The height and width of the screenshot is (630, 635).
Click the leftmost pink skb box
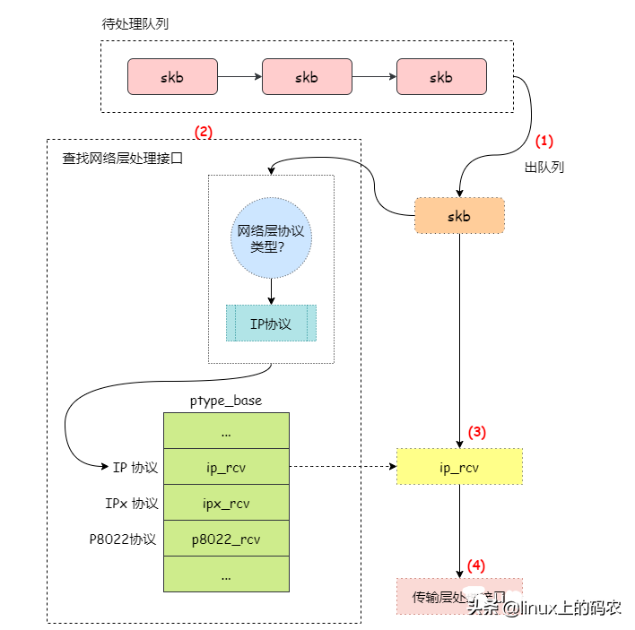pos(172,77)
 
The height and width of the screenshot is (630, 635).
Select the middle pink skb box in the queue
pos(307,77)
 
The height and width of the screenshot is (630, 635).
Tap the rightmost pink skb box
pos(441,77)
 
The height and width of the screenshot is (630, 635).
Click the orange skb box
pos(459,215)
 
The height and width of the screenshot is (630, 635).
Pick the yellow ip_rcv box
pos(459,467)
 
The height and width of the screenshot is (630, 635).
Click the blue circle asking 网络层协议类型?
pos(271,237)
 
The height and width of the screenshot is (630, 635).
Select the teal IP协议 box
pos(271,323)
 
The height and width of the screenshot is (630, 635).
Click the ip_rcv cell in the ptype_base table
pos(226,467)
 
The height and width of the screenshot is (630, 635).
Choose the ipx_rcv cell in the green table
pos(226,503)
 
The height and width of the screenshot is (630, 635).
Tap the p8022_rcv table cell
pos(226,539)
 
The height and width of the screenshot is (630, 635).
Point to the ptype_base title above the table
pos(226,401)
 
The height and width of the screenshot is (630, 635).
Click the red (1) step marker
pos(545,141)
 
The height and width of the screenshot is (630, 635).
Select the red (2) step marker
pos(204,132)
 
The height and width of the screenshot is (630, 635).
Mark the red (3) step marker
pos(476,432)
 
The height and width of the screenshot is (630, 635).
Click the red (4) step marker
pos(476,565)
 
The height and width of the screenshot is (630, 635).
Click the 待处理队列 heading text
pos(135,24)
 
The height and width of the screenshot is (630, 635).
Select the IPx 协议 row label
pos(132,503)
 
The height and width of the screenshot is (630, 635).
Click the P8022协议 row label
pos(123,539)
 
